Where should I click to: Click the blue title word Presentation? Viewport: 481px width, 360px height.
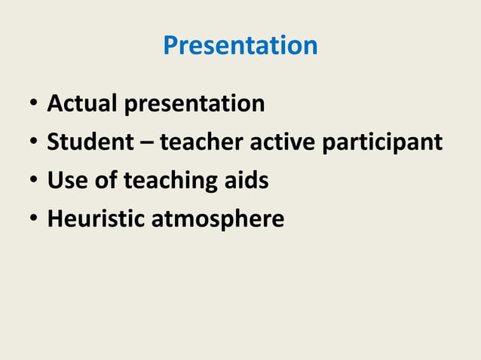pos(240,46)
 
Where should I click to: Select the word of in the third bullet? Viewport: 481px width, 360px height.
pos(106,181)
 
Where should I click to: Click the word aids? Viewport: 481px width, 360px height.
pos(249,181)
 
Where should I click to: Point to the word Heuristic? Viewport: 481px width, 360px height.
pos(97,219)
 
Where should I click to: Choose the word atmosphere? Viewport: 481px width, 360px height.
pos(218,220)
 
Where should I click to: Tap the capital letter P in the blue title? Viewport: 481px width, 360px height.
pos(171,46)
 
